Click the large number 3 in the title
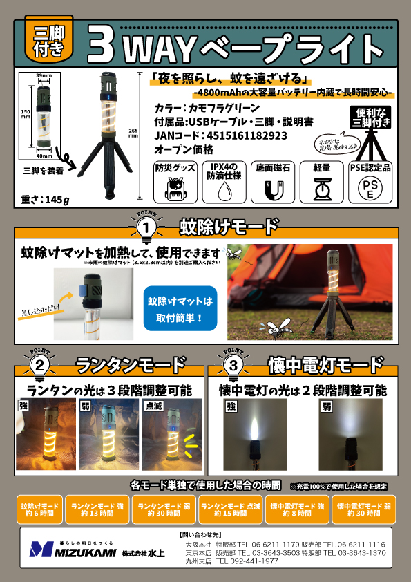(x=101, y=47)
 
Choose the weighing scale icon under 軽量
(x=321, y=188)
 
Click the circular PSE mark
(x=370, y=189)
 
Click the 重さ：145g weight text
(x=46, y=200)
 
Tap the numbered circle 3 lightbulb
(x=234, y=364)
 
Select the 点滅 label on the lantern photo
(x=152, y=406)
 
